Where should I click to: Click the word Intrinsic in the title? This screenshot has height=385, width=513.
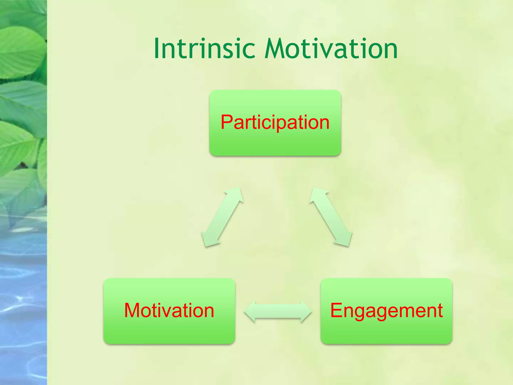pyautogui.click(x=204, y=49)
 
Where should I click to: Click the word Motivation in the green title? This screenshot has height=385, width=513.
pyautogui.click(x=331, y=49)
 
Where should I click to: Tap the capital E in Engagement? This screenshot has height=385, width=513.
pyautogui.click(x=337, y=310)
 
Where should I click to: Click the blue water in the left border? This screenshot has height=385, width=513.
pyautogui.click(x=23, y=301)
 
